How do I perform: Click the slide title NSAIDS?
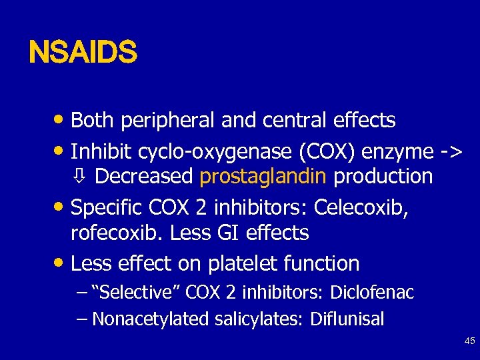point(83,52)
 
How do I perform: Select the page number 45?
point(469,341)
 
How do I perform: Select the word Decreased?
point(144,177)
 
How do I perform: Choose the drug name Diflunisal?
point(347,319)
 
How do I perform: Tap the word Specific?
point(107,208)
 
